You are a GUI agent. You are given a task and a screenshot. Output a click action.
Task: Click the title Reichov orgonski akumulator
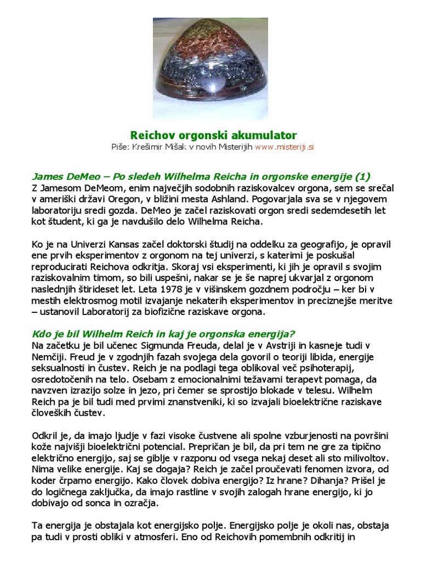(x=213, y=135)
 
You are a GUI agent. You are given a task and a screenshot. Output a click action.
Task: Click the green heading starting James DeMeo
(x=201, y=176)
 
